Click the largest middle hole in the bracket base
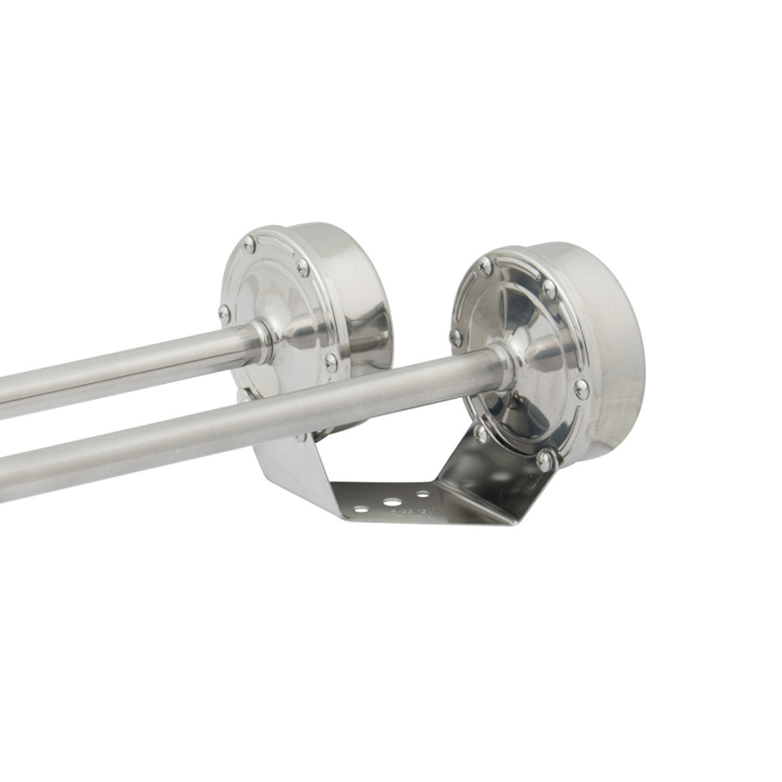393,502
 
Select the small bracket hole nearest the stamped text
423,495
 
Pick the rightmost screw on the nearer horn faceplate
581,389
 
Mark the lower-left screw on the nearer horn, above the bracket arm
480,432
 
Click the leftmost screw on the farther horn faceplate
224,313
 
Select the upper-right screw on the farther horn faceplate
302,266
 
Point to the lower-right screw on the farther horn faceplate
331,362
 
